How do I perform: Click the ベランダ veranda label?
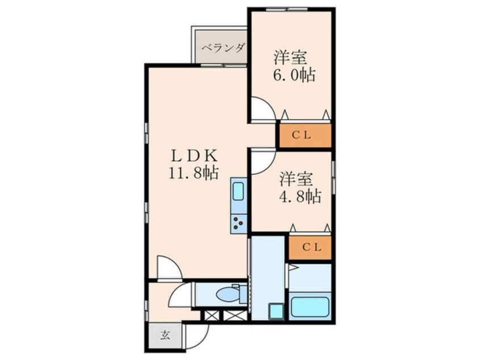click(222, 47)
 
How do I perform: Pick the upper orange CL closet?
click(304, 135)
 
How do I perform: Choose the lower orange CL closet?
click(310, 248)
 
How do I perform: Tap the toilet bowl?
click(230, 295)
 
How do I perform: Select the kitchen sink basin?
click(238, 192)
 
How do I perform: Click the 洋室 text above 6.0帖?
click(290, 57)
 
